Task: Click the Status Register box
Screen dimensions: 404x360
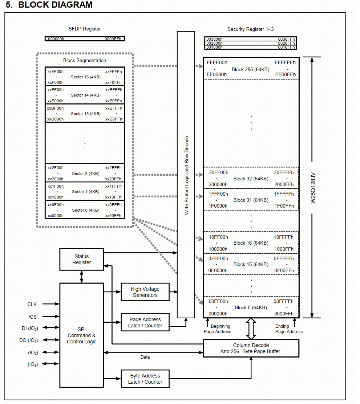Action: click(x=81, y=259)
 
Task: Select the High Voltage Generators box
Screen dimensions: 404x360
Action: click(x=145, y=292)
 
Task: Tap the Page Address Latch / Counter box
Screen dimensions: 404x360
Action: click(x=145, y=322)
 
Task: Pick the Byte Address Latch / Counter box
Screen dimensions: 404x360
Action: click(x=145, y=379)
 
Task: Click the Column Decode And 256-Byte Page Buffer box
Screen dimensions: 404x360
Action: click(x=251, y=348)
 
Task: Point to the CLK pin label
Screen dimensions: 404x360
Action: click(x=32, y=304)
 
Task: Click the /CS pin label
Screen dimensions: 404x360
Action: click(x=32, y=317)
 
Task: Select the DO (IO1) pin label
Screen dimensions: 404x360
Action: click(x=28, y=340)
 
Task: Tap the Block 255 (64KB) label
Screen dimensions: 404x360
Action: click(x=251, y=69)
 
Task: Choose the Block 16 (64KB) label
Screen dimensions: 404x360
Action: click(x=251, y=243)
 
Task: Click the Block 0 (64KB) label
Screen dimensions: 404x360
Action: click(x=251, y=307)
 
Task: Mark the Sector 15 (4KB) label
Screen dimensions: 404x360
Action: click(x=85, y=77)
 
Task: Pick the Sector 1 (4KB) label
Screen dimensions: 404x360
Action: click(x=85, y=191)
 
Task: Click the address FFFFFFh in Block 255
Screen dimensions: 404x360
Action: click(x=285, y=62)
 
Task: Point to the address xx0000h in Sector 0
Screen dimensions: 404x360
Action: click(x=55, y=216)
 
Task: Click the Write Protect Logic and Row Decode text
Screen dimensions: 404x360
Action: click(x=186, y=175)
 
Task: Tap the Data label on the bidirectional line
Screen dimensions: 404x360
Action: click(x=145, y=357)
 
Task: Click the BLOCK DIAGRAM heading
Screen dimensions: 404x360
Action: click(x=49, y=5)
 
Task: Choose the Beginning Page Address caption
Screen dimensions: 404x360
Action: click(x=218, y=329)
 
